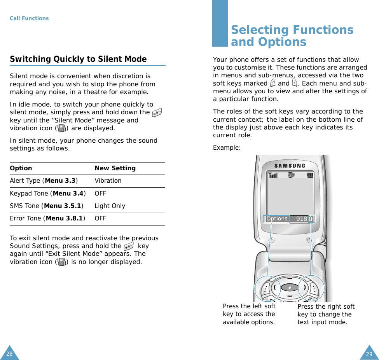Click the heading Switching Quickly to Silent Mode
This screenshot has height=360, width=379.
pos(78,59)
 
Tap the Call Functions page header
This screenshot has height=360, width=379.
pos(29,18)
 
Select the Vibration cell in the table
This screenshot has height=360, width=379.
pos(108,181)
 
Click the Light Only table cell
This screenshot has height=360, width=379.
pos(110,206)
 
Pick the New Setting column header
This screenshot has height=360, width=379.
pos(115,168)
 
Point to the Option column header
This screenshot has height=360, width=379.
pos(21,168)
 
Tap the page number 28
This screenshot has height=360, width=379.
pos(9,354)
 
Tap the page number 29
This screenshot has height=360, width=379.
pos(369,354)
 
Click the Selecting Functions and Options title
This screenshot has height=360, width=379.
pos(292,36)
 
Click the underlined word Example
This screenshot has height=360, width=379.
pos(226,148)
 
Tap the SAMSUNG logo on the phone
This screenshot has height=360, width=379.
pos(290,166)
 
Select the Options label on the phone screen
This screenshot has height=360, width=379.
pos(277,219)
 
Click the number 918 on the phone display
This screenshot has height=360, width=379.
pos(301,219)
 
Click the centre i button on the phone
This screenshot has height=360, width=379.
pos(289,288)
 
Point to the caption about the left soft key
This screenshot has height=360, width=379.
pos(249,314)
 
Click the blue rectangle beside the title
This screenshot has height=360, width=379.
pos(220,23)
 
